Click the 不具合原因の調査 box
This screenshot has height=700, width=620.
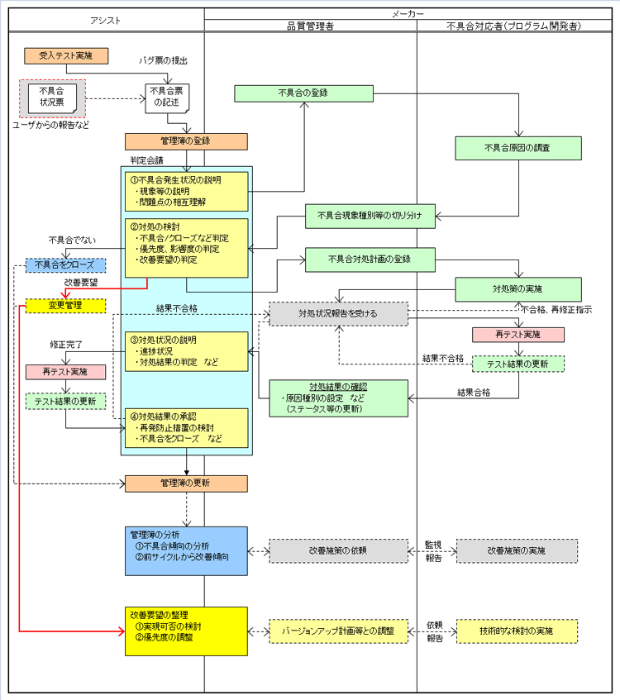pyautogui.click(x=518, y=148)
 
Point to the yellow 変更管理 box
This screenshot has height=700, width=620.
pyautogui.click(x=65, y=306)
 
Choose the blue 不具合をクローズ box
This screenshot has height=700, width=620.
pyautogui.click(x=65, y=265)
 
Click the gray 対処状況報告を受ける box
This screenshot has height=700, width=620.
pyautogui.click(x=339, y=313)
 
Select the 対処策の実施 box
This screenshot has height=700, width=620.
pyautogui.click(x=518, y=289)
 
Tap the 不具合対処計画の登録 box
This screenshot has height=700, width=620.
pyautogui.click(x=370, y=259)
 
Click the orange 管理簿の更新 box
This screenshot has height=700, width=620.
pyautogui.click(x=186, y=483)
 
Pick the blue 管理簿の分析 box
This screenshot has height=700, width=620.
pyautogui.click(x=186, y=550)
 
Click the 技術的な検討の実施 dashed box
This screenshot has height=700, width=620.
pyautogui.click(x=517, y=631)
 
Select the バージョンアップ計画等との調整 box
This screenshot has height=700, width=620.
pyautogui.click(x=339, y=631)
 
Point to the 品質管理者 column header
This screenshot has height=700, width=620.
pyautogui.click(x=310, y=26)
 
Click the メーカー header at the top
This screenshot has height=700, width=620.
pyautogui.click(x=410, y=14)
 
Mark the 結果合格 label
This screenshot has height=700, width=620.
pyautogui.click(x=475, y=392)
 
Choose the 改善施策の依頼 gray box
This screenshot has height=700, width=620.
pyautogui.click(x=339, y=550)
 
